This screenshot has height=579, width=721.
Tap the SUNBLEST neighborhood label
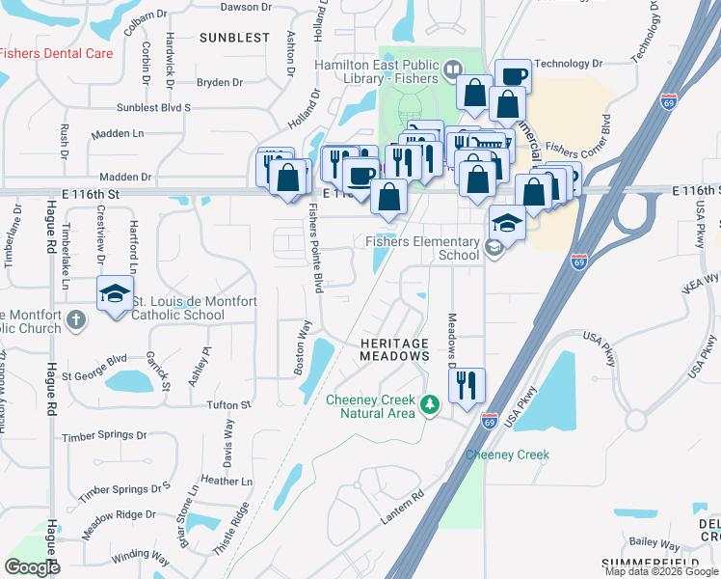pos(236,38)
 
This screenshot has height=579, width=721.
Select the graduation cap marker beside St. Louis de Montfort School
pos(114,293)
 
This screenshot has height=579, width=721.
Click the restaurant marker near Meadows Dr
pos(467,385)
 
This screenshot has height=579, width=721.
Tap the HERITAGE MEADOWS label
pos(394,349)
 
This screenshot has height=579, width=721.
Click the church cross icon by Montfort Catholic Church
pos(75,318)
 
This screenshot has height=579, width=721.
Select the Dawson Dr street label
pos(246,7)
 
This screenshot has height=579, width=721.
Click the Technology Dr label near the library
pos(568,63)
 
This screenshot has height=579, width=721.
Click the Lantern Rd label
pos(402,510)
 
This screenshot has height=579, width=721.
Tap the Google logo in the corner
pos(32,567)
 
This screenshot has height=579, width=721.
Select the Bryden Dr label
pos(213,83)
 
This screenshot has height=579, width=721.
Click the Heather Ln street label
pos(227,481)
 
